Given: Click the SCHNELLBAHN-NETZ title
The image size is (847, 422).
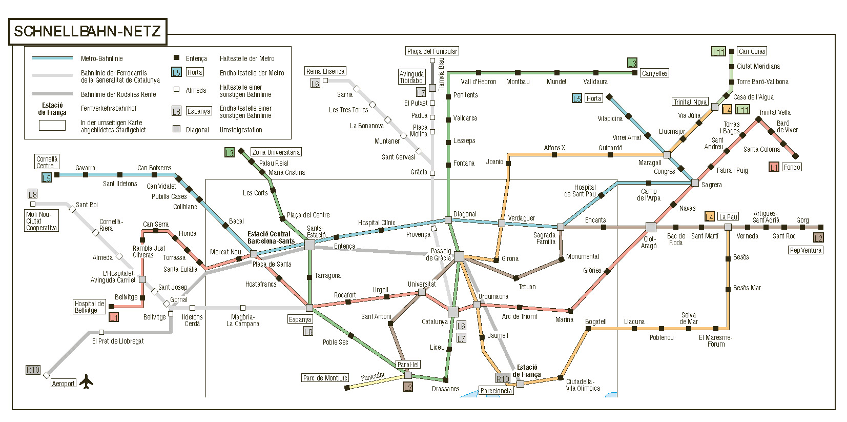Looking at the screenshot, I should [87, 32].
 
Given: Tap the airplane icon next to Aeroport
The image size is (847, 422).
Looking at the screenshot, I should [87, 381].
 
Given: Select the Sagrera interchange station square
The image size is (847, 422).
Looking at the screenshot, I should [695, 183].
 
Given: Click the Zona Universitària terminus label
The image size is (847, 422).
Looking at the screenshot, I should [276, 152].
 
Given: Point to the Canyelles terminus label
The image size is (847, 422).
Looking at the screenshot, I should [654, 73].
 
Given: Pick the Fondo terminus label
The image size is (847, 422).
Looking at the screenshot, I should [792, 167].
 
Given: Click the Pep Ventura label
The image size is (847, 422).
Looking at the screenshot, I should [805, 250].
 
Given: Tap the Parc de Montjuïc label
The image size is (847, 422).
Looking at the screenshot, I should [325, 378].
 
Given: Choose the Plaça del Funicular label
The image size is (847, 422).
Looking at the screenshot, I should [432, 51].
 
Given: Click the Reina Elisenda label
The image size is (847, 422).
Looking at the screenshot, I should [325, 71].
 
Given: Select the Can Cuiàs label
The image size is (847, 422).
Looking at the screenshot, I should [752, 51].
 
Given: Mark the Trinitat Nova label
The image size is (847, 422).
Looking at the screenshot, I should [690, 102].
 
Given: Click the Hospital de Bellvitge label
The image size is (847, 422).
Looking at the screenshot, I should [90, 307].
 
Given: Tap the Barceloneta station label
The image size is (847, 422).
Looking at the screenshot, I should [496, 391].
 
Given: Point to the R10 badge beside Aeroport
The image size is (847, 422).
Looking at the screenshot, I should [33, 370].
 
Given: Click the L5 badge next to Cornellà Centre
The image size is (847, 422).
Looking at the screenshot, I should [47, 178].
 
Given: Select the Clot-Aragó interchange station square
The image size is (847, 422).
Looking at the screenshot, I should [651, 227].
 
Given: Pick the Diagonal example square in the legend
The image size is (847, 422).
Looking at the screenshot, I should [176, 129].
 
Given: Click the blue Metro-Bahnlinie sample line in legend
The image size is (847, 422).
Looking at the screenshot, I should [52, 58].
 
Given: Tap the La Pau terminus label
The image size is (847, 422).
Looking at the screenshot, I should [728, 217].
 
